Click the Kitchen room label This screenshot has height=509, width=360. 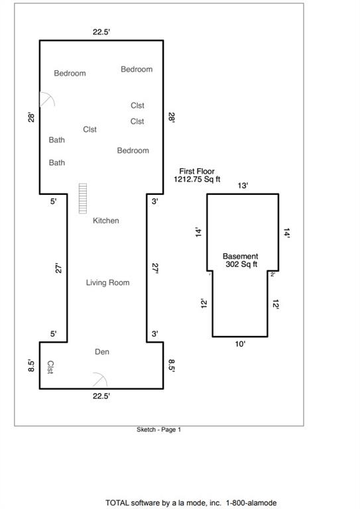point(106,221)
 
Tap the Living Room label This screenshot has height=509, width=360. point(108,282)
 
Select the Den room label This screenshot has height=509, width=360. point(102,351)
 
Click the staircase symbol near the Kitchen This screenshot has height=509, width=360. point(83,198)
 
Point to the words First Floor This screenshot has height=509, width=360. point(197,171)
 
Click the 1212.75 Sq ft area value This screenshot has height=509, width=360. point(197,179)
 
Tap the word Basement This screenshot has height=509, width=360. point(240,256)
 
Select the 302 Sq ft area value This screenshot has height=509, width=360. point(241,264)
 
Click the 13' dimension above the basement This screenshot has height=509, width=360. point(243,186)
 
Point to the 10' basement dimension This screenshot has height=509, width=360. point(240,344)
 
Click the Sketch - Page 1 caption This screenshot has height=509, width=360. point(158,429)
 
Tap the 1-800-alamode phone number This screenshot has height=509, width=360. point(251,503)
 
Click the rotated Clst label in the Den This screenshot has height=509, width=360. point(50,367)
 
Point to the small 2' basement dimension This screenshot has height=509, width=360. point(272,274)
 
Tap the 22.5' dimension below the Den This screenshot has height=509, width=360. point(101,396)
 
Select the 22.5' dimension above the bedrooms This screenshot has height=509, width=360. point(101,32)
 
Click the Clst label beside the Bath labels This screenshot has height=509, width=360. point(90,129)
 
